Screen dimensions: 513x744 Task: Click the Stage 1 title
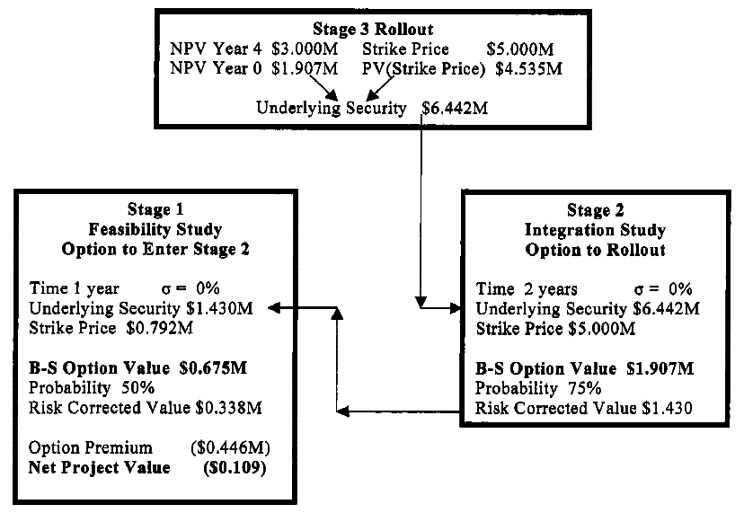(150, 210)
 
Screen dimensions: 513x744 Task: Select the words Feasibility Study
(150, 229)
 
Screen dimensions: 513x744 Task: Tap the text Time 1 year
(69, 289)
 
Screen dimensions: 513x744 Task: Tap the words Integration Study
(589, 230)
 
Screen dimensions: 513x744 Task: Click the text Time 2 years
(526, 289)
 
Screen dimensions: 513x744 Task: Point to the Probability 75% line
(537, 388)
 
